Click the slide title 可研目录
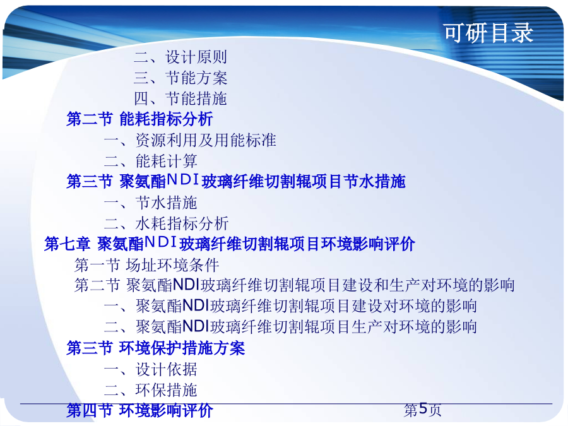488,33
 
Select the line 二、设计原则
180,57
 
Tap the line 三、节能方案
180,78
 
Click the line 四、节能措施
180,98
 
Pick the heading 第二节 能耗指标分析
139,119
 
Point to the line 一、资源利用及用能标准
190,140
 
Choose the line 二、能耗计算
151,161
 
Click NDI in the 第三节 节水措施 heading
182,180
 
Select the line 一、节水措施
151,203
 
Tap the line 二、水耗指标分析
167,223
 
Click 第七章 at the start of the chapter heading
67,244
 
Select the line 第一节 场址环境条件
146,265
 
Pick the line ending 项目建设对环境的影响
290,306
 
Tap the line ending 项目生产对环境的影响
290,327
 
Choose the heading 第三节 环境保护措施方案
156,348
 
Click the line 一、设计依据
151,369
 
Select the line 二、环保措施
151,390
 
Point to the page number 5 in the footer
423,409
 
